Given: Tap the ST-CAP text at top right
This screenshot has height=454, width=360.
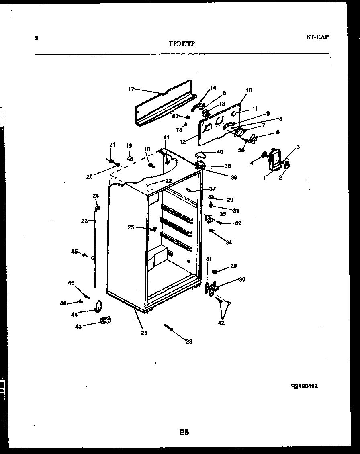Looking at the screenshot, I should (317, 37).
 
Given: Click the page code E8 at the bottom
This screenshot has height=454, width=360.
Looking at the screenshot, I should (184, 432).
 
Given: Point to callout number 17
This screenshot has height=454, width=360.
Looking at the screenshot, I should (131, 89).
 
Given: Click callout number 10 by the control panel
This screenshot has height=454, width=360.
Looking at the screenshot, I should (249, 90).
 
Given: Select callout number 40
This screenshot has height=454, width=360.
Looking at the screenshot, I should (220, 152).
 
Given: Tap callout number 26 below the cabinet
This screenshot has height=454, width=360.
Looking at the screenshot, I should (144, 333).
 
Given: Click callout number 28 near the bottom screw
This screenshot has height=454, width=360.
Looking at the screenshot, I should (188, 342).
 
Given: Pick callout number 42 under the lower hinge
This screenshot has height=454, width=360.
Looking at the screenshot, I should (221, 323).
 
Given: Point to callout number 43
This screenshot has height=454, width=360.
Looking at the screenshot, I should (78, 327).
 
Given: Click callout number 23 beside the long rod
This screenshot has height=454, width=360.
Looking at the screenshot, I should (84, 221).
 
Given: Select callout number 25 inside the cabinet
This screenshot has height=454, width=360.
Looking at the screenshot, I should (131, 227).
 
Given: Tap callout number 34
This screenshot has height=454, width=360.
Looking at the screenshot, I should (229, 242).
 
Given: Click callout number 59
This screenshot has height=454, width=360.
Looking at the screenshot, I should (238, 223).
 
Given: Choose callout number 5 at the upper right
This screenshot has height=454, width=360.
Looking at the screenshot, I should (277, 132).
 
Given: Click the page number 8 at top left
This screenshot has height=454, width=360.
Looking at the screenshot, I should (37, 39).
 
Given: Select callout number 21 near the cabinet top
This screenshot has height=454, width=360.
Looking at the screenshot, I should (112, 145).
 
